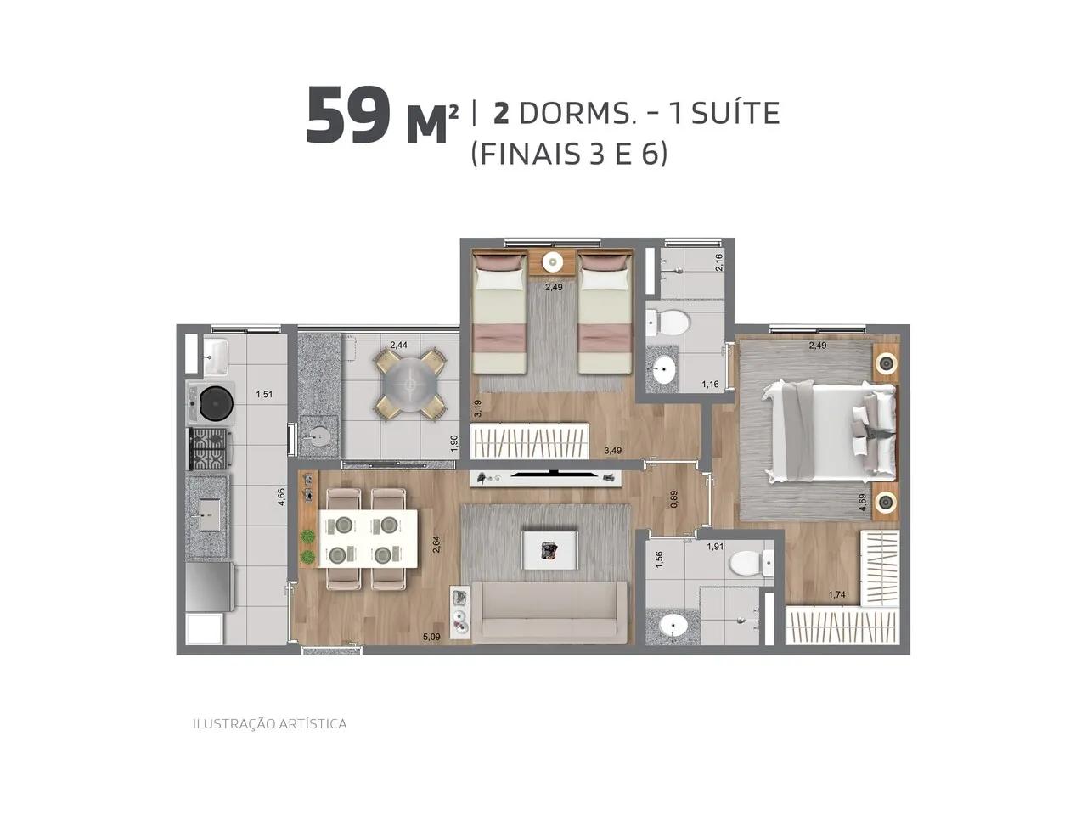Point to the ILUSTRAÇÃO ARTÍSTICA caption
point(269,724)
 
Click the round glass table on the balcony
point(411,383)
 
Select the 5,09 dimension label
point(431,637)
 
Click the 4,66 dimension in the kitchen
point(281,497)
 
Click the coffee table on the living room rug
point(551,550)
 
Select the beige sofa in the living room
point(549,613)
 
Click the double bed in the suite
point(831,431)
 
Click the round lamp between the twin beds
point(552,262)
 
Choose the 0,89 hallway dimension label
point(673,499)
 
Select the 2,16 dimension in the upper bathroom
point(719,261)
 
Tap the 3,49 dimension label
point(612,450)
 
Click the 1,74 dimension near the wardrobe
point(837,594)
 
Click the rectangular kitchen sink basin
point(210,514)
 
